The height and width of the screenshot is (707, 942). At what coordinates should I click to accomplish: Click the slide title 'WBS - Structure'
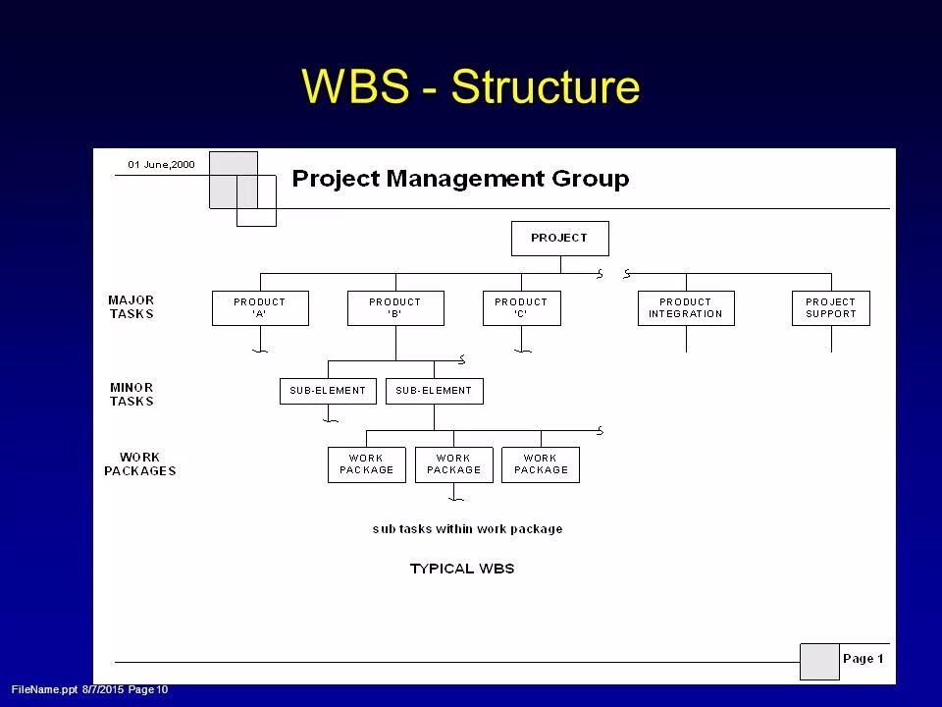[471, 86]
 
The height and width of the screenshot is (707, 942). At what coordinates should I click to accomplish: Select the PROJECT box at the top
[559, 238]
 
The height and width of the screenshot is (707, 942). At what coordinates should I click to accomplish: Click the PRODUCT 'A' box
[260, 308]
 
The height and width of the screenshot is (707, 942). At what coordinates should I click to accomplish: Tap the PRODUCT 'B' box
[395, 308]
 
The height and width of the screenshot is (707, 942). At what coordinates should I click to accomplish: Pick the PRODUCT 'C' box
[521, 308]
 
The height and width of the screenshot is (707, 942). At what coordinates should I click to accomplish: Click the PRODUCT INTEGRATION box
[685, 308]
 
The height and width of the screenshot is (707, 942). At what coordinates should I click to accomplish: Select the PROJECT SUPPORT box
[830, 308]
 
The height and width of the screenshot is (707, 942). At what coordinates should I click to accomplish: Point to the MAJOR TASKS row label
[131, 307]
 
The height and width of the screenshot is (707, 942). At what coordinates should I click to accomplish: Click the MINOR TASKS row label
[131, 394]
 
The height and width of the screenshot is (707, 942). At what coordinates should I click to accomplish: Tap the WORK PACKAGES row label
[139, 463]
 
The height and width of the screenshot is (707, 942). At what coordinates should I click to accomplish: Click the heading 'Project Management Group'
[460, 179]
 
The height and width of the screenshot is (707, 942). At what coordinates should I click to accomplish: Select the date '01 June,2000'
[161, 165]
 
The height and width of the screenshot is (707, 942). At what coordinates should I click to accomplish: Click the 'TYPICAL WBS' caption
[461, 569]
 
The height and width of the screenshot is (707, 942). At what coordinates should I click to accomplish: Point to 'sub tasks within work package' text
[467, 528]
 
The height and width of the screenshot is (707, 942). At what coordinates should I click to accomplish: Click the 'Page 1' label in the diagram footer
[863, 659]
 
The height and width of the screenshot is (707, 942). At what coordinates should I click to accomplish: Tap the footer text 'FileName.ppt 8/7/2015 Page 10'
[90, 691]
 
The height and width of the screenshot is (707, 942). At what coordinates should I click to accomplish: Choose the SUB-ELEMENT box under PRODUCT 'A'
[328, 391]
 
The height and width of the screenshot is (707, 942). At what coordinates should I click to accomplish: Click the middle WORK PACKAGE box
[453, 464]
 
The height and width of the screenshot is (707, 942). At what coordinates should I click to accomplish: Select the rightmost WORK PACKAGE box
[541, 464]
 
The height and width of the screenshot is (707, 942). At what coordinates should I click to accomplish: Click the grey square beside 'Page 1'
[819, 661]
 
